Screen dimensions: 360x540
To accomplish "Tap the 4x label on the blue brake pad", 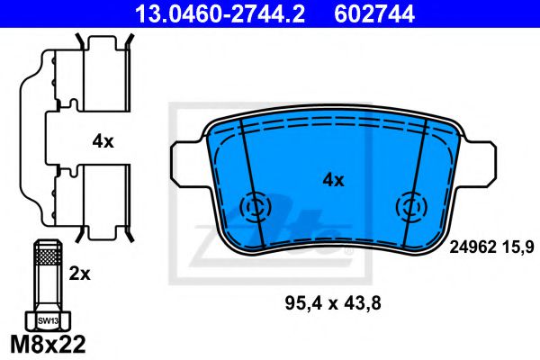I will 333,180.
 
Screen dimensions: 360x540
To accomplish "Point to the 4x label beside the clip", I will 102,140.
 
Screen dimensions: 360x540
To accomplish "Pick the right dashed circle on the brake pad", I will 411,209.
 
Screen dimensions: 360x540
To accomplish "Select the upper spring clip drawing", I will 85,76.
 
